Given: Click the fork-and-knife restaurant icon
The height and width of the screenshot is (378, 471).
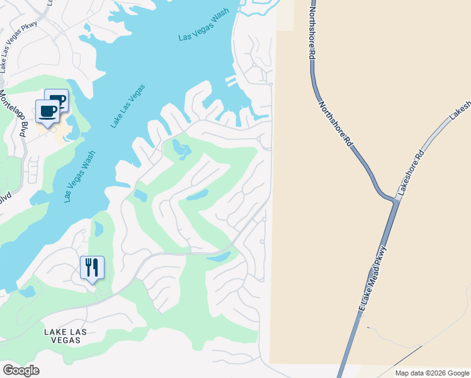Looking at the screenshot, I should point(92,268).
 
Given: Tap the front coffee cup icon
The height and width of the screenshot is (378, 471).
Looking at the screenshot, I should point(48,112).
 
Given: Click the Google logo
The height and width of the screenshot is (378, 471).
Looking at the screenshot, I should point(21,370).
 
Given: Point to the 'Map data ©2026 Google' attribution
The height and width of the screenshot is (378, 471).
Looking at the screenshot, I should point(431,373).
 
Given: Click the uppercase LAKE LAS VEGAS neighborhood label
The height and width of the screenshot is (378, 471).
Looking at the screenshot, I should point(62,335).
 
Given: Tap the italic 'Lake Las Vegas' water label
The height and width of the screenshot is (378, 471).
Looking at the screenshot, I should point(128,106).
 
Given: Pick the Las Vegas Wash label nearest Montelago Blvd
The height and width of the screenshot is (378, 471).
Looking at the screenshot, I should point(79,176).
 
